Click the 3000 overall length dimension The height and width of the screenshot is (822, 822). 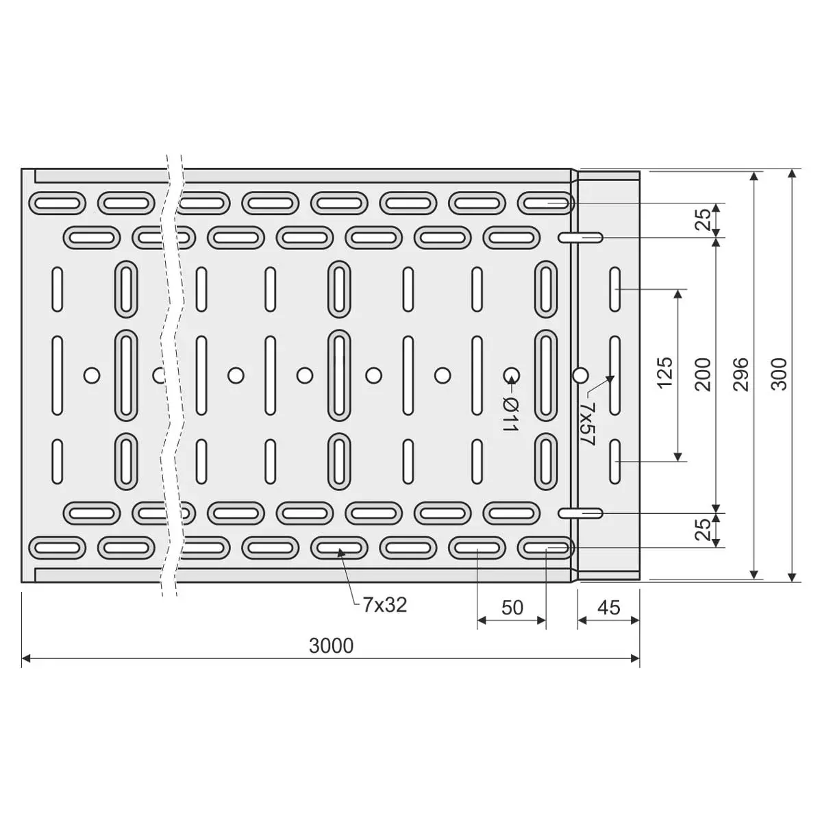[x=331, y=646]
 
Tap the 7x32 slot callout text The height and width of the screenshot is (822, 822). [x=385, y=605]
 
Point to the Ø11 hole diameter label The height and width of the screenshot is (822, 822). [x=510, y=414]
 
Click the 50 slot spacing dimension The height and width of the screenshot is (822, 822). [x=512, y=608]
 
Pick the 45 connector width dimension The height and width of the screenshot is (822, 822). [x=609, y=608]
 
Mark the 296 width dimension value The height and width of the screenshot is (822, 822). [x=742, y=374]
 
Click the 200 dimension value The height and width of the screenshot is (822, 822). [x=703, y=374]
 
